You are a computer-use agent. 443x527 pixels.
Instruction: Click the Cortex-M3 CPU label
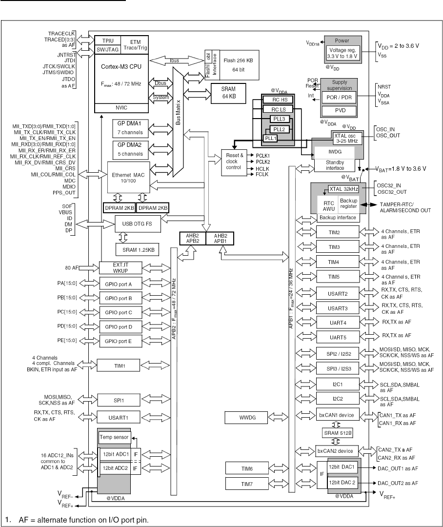(x=121, y=66)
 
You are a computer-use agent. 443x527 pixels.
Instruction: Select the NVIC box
(x=121, y=108)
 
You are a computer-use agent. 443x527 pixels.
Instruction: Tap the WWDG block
(x=246, y=417)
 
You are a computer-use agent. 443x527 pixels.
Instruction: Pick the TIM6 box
(x=247, y=468)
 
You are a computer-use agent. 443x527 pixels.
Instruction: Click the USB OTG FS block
(x=138, y=224)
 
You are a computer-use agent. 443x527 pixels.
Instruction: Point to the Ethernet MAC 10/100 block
(x=128, y=178)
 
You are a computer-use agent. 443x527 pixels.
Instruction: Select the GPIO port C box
(x=119, y=313)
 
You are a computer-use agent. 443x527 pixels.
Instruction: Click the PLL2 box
(x=279, y=129)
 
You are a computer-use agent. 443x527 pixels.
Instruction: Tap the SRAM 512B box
(x=338, y=433)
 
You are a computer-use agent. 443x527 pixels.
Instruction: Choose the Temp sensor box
(x=114, y=437)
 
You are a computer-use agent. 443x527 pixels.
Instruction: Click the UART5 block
(x=338, y=338)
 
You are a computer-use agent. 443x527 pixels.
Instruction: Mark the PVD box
(x=340, y=111)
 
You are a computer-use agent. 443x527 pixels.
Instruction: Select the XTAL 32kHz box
(x=343, y=189)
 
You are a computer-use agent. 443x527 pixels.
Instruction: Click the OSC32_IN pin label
(x=388, y=185)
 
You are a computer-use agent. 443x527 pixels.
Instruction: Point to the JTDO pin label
(x=69, y=80)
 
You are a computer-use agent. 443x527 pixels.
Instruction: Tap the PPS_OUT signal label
(x=64, y=193)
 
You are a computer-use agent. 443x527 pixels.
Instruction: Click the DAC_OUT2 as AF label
(x=398, y=483)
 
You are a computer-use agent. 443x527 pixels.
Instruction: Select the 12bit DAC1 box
(x=342, y=467)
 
